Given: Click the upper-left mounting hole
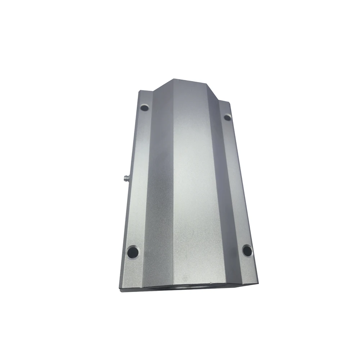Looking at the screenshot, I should (144, 107).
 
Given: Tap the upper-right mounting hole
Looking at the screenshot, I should (227, 117).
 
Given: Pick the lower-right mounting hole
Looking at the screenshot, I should (247, 250).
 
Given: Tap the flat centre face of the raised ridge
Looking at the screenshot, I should (194, 180).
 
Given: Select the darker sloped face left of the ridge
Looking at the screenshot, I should (158, 180).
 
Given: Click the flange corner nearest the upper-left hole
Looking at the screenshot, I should (139, 91).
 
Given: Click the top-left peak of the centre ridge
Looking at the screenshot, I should (172, 79).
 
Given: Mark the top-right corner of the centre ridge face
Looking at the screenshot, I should (207, 83).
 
